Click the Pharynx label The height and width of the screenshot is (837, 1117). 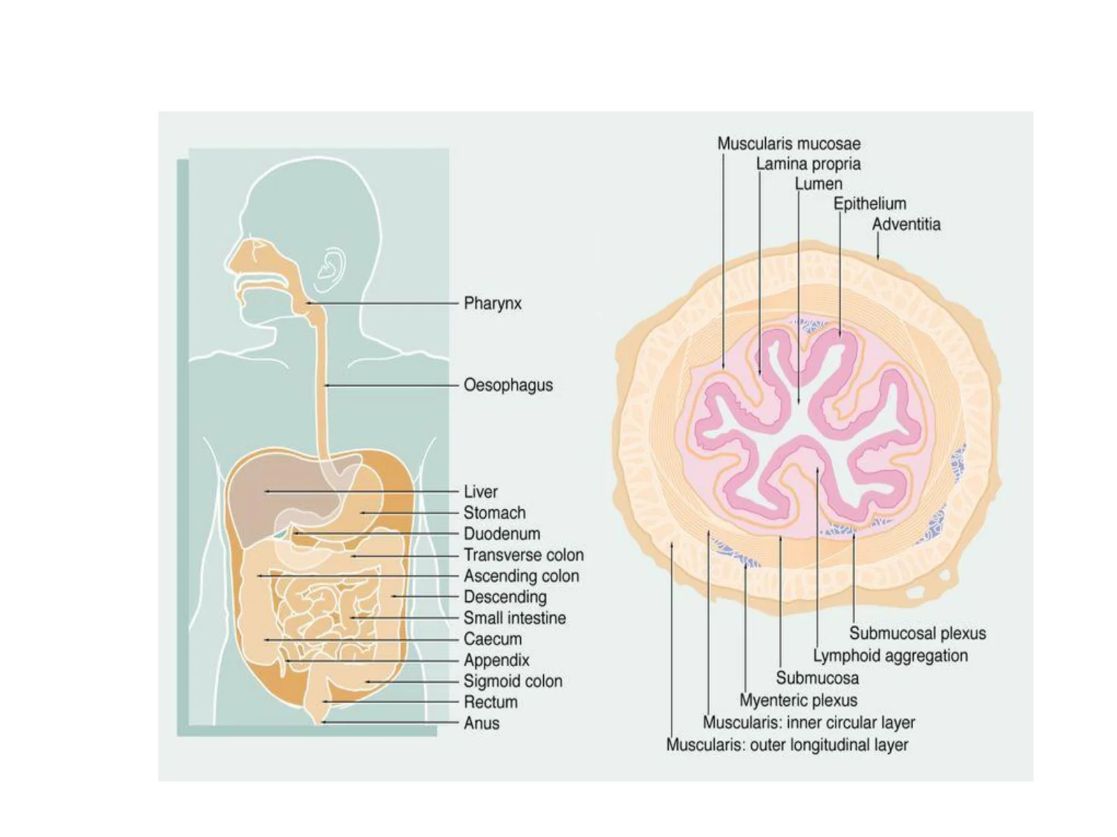[492, 303]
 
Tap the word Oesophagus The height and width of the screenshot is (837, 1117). [508, 385]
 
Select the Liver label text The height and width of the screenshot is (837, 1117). [480, 492]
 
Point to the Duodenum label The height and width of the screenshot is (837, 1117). [502, 534]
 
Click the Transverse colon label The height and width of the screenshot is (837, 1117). [524, 555]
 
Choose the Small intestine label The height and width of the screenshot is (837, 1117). [515, 618]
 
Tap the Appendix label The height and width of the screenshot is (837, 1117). [496, 660]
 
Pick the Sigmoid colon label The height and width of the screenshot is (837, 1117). [513, 681]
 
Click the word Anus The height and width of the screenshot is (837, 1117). [482, 723]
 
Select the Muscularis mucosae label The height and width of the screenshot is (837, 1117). [789, 143]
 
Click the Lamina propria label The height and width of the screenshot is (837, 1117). [808, 164]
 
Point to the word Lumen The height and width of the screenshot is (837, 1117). [818, 183]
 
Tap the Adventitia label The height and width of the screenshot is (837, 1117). [906, 224]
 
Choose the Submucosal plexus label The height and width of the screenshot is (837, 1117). [917, 633]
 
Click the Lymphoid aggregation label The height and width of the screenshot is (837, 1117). [890, 656]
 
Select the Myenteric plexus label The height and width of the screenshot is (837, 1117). [798, 700]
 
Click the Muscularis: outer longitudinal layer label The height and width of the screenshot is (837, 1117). [787, 745]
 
